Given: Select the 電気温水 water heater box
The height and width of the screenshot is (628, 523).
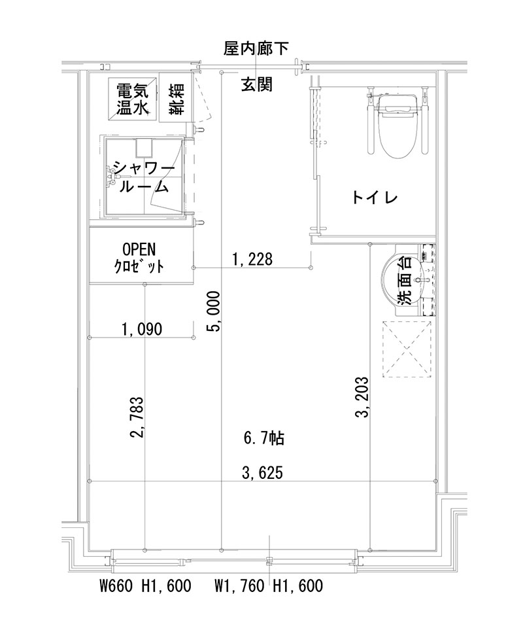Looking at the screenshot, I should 133,99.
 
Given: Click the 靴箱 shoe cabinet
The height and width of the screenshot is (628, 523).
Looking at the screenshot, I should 175,99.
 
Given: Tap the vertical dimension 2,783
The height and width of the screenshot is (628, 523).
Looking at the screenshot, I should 138,418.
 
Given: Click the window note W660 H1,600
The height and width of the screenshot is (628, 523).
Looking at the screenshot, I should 145,586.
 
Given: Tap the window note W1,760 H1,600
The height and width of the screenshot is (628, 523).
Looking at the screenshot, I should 268,586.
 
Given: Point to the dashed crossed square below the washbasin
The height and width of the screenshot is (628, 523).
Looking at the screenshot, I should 407,349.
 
